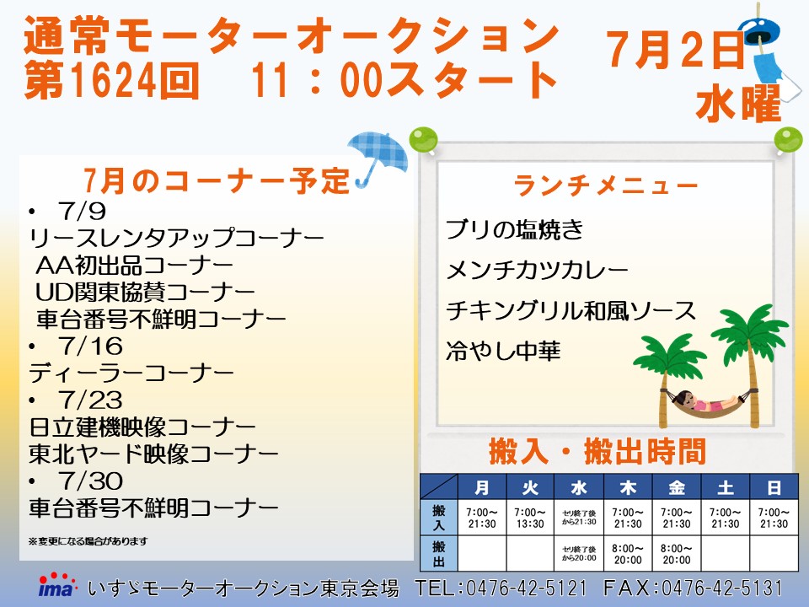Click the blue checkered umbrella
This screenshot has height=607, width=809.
click(378, 155)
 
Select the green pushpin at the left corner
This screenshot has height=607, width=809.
click(423, 139)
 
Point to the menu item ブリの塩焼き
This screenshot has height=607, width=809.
click(514, 229)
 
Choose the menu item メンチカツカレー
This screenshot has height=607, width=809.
click(537, 270)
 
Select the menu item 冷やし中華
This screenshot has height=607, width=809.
click(503, 352)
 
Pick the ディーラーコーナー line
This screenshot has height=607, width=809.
click(131, 373)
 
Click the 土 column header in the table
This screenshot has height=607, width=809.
click(725, 486)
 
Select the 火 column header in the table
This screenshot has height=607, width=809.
click(530, 486)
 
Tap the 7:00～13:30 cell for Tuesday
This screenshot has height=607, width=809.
click(530, 518)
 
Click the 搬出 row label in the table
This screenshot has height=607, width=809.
click(439, 553)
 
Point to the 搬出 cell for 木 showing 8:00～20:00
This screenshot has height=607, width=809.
click(628, 554)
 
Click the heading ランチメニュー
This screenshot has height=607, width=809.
click(606, 185)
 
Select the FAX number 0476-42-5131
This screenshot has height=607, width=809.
click(722, 588)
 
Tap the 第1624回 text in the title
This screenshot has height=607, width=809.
click(111, 80)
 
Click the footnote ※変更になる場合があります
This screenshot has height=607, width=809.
click(88, 541)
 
